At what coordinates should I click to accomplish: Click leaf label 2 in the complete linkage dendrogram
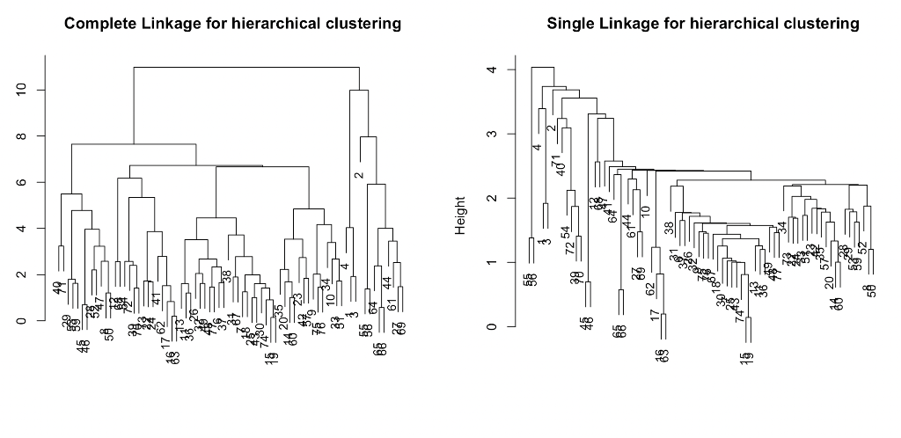pos(358,175)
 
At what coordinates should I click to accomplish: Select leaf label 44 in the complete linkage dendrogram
pos(386,283)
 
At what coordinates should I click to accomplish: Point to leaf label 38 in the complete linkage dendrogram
pos(227,276)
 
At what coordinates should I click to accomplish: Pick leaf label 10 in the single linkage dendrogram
pos(645,213)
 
